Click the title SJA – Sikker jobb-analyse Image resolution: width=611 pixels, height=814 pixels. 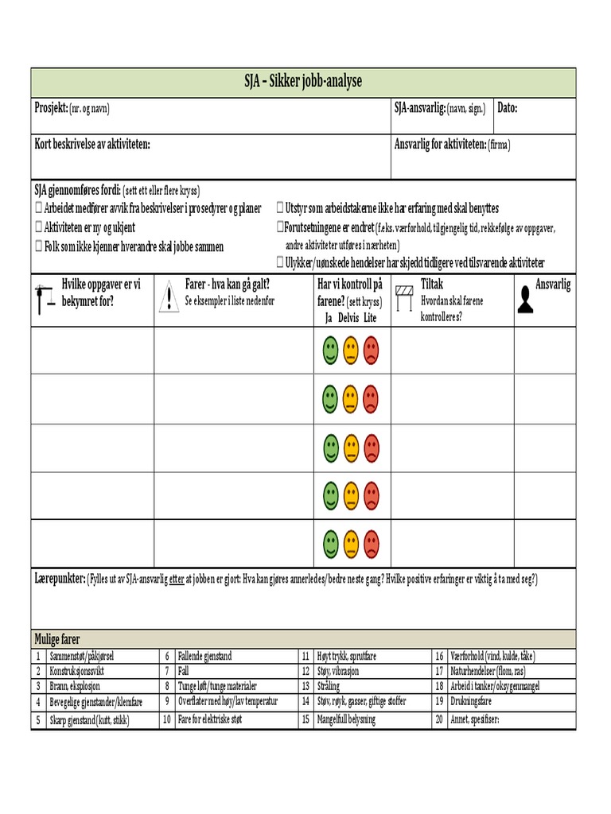303,82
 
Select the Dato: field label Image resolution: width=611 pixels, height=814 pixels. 508,107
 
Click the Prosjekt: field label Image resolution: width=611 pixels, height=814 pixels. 51,107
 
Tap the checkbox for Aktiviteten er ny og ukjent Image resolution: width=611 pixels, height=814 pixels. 39,227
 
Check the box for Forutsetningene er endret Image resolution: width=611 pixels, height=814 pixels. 280,227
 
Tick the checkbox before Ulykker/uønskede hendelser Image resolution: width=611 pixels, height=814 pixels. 280,262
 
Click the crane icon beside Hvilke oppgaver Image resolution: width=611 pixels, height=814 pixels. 45,297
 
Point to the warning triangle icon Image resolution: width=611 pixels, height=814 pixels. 169,298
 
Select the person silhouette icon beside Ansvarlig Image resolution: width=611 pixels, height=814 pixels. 526,298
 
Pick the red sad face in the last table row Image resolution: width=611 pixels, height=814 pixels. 371,545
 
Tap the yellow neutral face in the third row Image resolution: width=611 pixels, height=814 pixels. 350,448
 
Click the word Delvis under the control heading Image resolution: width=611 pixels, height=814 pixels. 349,318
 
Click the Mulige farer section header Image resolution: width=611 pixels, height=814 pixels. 56,639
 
